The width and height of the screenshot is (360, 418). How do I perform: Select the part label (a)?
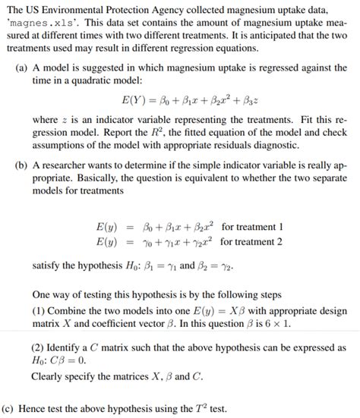tap(23, 68)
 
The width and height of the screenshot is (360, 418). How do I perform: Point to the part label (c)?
tap(10, 407)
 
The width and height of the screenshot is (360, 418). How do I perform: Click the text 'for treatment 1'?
tap(252, 227)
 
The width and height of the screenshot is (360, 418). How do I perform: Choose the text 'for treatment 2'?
tap(252, 242)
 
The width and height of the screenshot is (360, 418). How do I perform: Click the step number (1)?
tap(41, 311)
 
